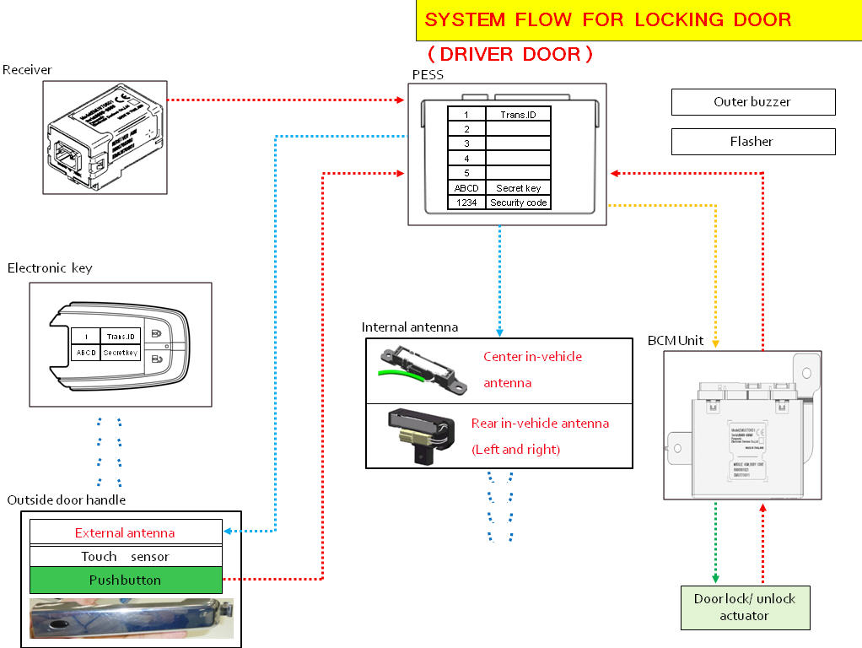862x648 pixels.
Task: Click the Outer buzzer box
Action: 752,102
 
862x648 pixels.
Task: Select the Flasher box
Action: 752,142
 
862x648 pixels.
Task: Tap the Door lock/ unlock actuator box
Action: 744,607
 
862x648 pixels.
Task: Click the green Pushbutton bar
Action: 126,580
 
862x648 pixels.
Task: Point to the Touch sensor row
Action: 126,557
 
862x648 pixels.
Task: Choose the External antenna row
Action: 126,532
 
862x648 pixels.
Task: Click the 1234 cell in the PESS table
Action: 466,202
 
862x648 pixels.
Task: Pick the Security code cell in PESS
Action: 519,202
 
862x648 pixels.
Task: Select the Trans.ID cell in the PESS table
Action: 519,114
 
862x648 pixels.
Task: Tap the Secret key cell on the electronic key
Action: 120,353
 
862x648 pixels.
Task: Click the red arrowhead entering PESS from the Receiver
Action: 401,100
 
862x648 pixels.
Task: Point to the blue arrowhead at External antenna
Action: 228,531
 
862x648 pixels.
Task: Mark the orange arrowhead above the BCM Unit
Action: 715,343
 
